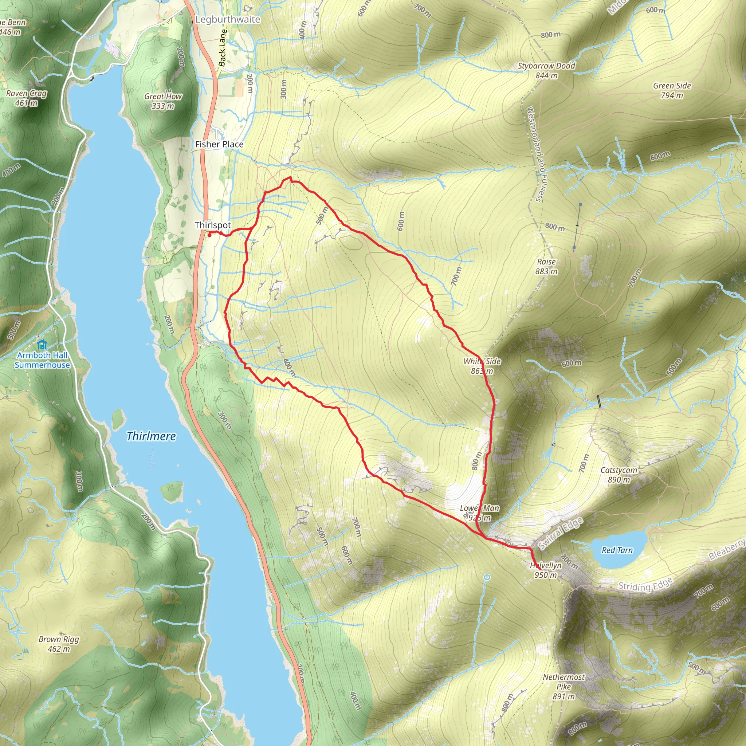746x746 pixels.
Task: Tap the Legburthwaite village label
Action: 228,19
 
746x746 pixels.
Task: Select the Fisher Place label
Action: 219,144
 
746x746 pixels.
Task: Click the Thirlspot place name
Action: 213,225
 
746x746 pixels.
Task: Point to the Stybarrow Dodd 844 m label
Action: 546,70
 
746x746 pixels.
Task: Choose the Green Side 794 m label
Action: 672,90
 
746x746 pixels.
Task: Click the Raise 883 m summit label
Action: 546,266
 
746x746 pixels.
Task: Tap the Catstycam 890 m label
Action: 619,475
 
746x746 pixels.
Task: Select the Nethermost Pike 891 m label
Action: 564,687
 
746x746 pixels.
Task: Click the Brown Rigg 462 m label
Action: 59,644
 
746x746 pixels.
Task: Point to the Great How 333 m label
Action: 162,101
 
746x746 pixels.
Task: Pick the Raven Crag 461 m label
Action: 26,98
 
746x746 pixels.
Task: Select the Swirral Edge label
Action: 560,534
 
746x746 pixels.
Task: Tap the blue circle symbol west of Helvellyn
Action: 487,577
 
